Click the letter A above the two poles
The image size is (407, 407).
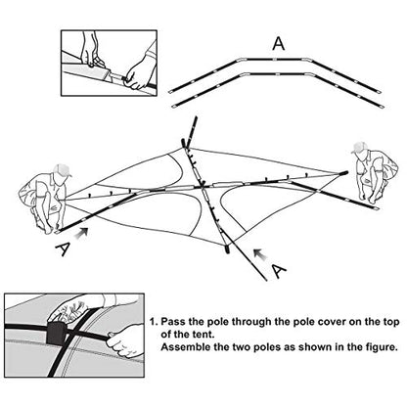click(279, 44)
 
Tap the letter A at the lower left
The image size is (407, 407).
click(63, 249)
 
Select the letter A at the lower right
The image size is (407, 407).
click(278, 271)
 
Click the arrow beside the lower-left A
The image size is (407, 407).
click(82, 233)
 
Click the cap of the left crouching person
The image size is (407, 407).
click(63, 169)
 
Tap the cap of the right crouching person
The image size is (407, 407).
click(359, 148)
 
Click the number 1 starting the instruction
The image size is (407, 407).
click(153, 322)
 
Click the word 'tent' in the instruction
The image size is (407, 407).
click(204, 335)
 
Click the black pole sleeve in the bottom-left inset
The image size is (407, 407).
click(56, 333)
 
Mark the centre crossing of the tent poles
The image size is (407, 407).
click(203, 186)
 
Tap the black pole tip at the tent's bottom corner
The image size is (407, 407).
click(226, 249)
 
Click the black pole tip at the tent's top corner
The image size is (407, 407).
click(183, 143)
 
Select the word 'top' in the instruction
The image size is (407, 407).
click(390, 323)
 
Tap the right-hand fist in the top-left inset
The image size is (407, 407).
click(138, 75)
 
